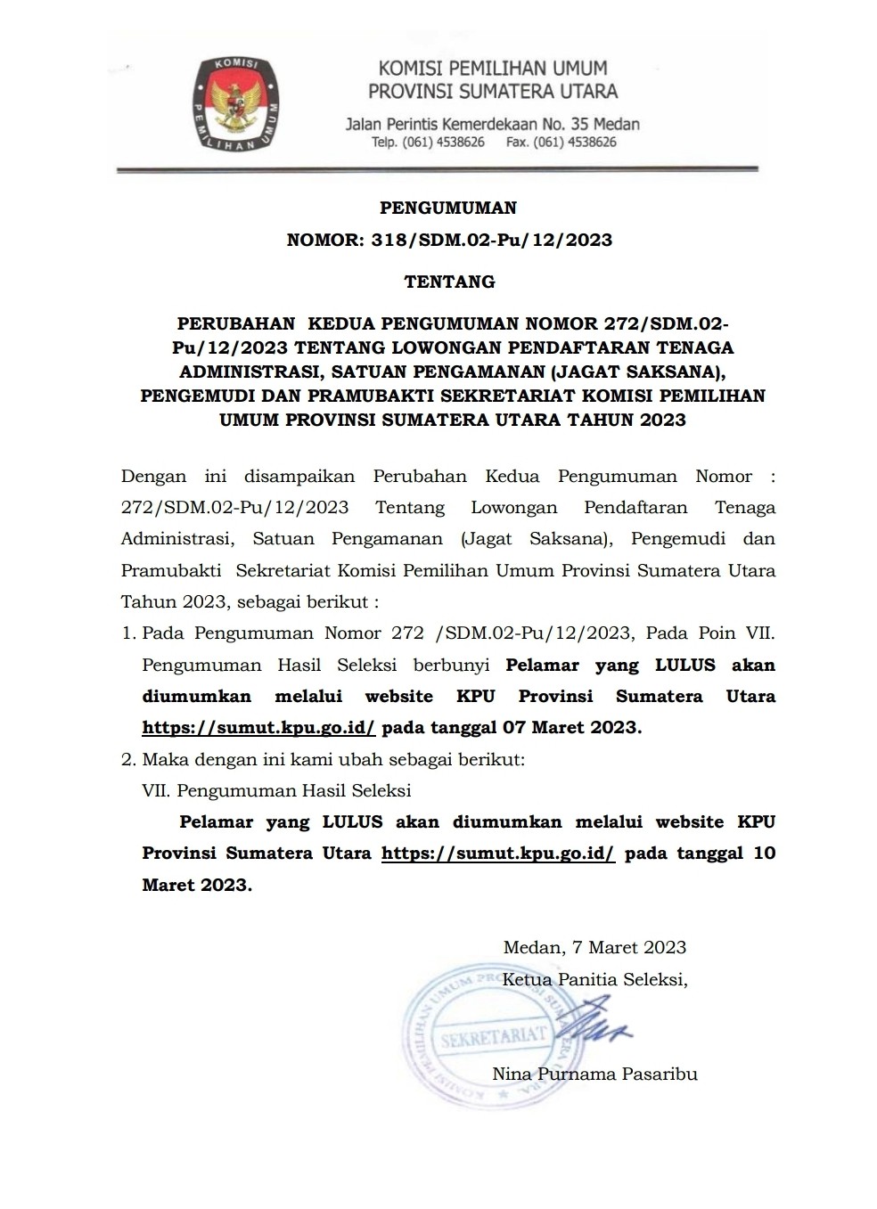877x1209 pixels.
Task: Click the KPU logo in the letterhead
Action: pyautogui.click(x=234, y=102)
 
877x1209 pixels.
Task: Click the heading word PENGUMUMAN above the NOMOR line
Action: pyautogui.click(x=448, y=208)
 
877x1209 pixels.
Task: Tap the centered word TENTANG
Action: pyautogui.click(x=449, y=282)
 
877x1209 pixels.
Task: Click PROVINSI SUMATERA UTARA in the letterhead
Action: pyautogui.click(x=493, y=92)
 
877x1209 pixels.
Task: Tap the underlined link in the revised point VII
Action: pyautogui.click(x=498, y=854)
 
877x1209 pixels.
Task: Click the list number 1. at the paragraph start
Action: pyautogui.click(x=128, y=633)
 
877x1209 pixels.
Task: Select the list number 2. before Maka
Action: pyautogui.click(x=128, y=760)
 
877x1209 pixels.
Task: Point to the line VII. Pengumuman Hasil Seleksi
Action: pyautogui.click(x=276, y=791)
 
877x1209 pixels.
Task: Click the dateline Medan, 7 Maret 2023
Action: pyautogui.click(x=594, y=947)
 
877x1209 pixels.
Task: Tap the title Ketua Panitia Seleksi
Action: pyautogui.click(x=595, y=979)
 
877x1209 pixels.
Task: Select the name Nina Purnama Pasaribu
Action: pyautogui.click(x=594, y=1074)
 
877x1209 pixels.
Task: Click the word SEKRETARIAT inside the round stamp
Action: pyautogui.click(x=492, y=1036)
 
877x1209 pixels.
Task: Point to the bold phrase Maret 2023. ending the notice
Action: pyautogui.click(x=197, y=886)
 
